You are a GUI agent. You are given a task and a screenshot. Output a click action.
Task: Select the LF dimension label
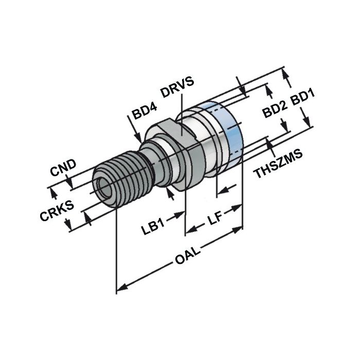coord(215,220)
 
